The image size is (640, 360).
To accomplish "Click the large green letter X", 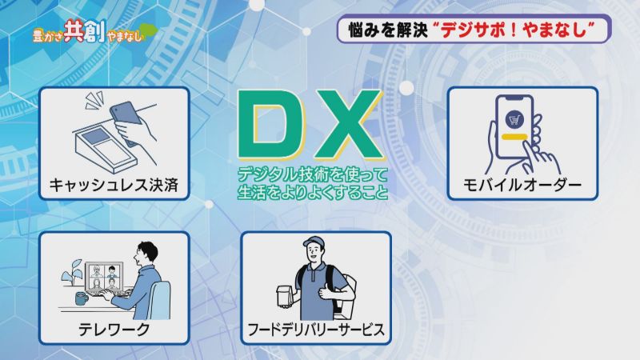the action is pos(345,124).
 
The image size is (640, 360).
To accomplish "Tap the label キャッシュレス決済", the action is pos(114,185).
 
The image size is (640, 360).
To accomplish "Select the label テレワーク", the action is pos(114,329).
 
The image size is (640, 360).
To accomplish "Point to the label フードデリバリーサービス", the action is pos(316,329).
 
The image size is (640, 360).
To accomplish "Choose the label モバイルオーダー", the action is pos(522,185).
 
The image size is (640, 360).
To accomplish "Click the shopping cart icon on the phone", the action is pos(514,119).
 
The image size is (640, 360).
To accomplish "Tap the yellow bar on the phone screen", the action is pos(514,137).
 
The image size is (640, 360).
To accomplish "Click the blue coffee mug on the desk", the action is pos(82,298).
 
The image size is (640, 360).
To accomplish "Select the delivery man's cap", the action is pos(312,242).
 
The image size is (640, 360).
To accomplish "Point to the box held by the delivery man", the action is pos(285,294).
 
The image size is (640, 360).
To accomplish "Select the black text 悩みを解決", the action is pos(387,30).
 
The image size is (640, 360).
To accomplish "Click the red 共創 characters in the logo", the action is pos(84,31).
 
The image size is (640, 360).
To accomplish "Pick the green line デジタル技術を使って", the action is pos(312,174).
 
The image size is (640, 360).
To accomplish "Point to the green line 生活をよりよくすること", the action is pos(312,192).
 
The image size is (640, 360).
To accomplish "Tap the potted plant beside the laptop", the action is pos(73,273).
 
